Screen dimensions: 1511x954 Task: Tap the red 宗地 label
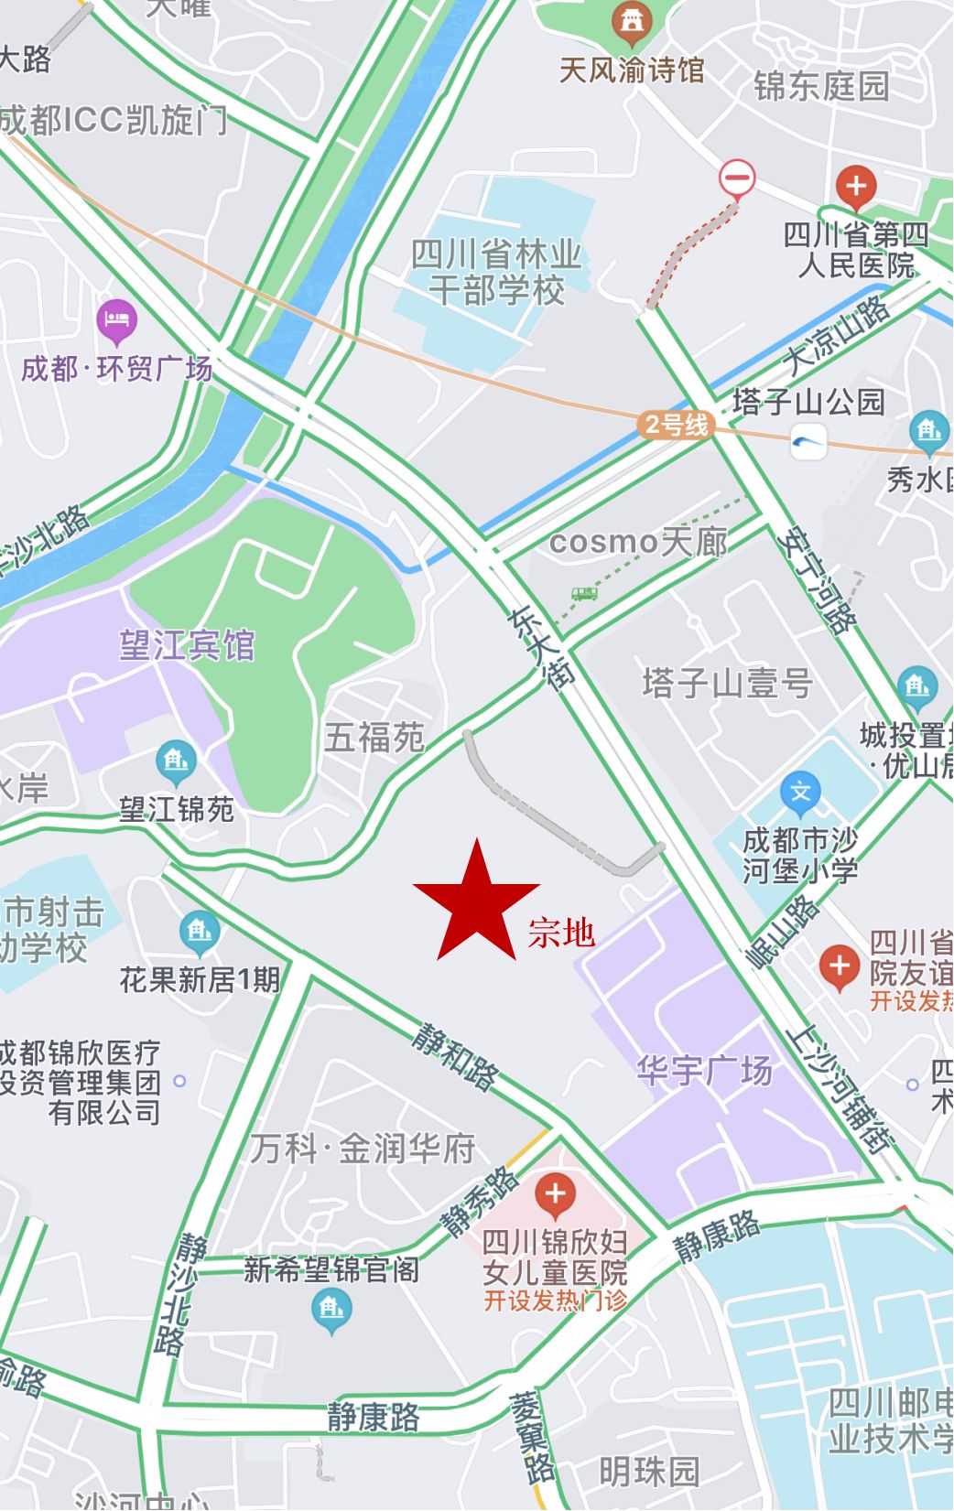click(x=561, y=933)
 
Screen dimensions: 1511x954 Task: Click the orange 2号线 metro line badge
click(x=676, y=425)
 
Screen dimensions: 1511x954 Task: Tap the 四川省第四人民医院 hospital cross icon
click(x=855, y=187)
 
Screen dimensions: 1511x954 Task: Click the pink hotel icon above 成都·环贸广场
click(x=116, y=320)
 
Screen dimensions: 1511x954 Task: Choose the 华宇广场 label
click(x=704, y=1070)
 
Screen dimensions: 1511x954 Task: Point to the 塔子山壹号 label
click(x=727, y=683)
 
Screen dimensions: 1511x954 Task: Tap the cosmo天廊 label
click(x=638, y=542)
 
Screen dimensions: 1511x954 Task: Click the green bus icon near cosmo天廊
click(x=584, y=593)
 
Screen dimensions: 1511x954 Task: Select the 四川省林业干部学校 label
click(x=496, y=273)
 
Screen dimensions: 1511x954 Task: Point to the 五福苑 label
click(x=374, y=737)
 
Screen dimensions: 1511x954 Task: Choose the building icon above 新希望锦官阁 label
click(x=331, y=1310)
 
